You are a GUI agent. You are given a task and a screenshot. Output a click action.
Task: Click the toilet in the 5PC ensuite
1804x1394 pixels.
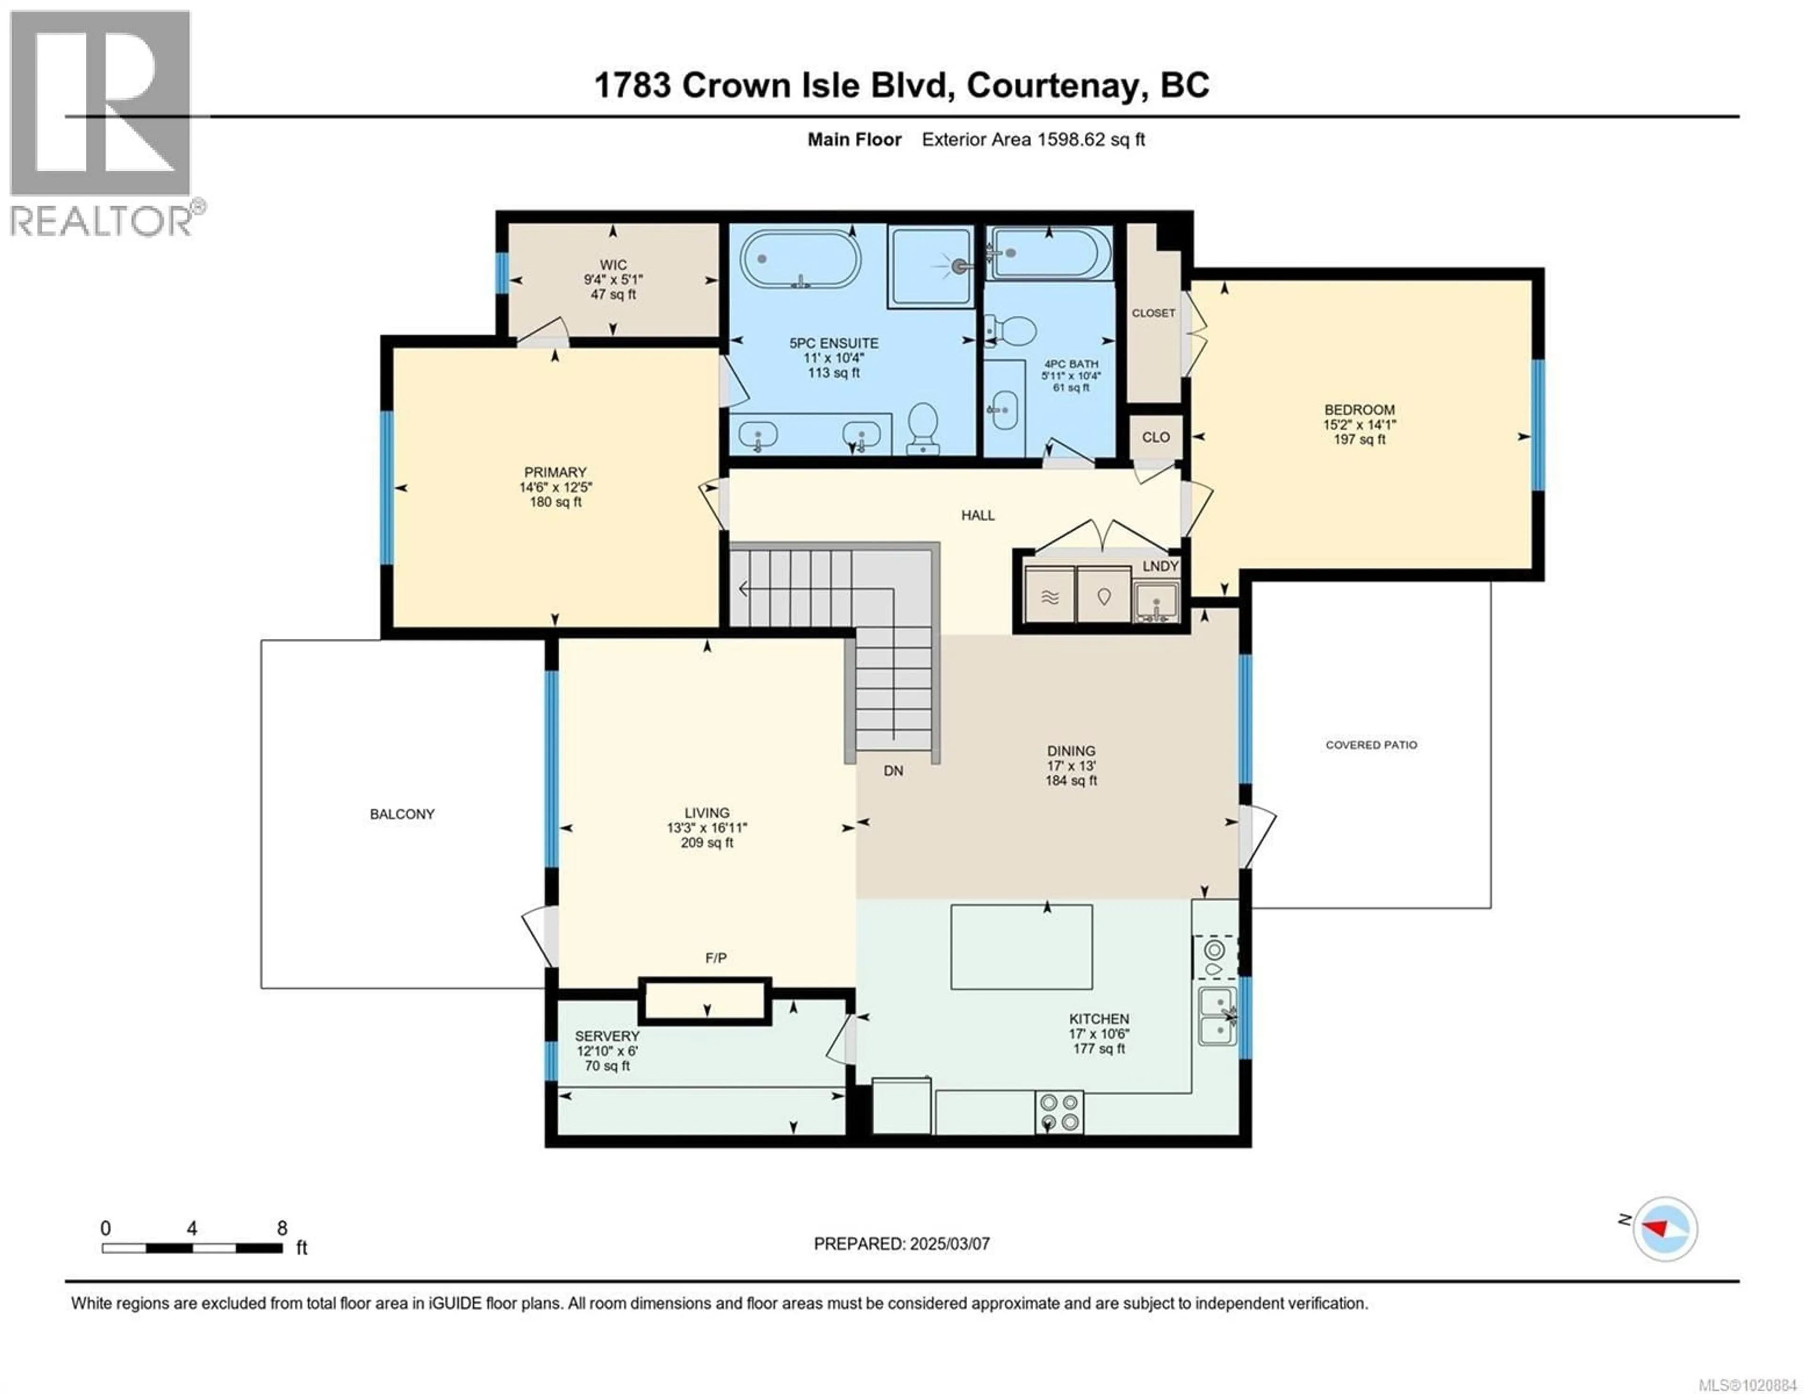click(x=923, y=427)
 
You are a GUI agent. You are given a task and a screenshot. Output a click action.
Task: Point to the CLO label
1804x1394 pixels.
click(x=1156, y=437)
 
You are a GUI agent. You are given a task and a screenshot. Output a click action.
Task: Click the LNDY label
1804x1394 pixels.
click(x=1160, y=566)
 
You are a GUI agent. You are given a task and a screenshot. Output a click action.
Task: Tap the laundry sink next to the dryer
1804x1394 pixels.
click(x=1156, y=601)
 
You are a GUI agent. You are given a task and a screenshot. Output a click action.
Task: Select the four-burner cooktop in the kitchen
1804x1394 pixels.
click(x=1059, y=1112)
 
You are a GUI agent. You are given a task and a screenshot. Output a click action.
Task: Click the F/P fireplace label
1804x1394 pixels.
click(x=715, y=958)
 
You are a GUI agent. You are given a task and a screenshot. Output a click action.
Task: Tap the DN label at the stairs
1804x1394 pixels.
click(x=893, y=771)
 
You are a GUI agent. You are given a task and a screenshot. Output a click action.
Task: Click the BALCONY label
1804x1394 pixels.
click(x=402, y=814)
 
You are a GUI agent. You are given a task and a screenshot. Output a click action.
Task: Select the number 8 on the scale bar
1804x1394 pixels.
click(x=282, y=1228)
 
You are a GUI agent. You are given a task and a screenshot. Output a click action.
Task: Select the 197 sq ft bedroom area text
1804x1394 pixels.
click(x=1359, y=440)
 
